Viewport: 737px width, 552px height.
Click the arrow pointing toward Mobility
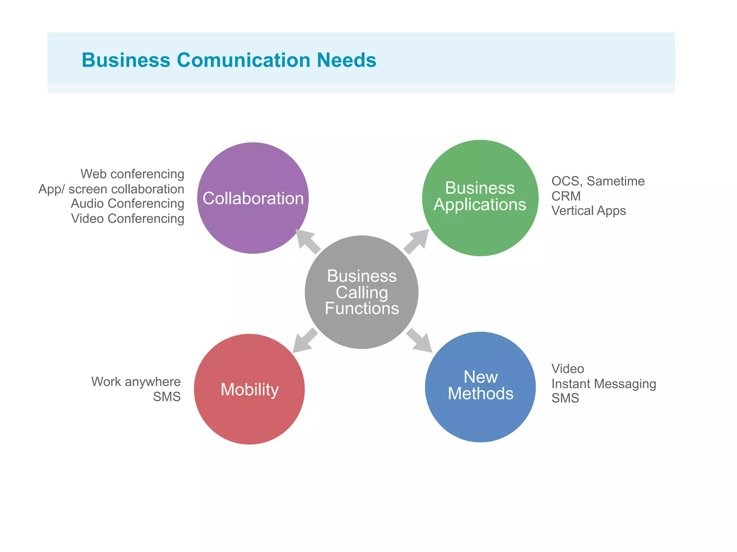304,341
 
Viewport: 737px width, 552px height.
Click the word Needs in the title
347,60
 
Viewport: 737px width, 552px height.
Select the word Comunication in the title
243,60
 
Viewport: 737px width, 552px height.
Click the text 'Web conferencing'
132,174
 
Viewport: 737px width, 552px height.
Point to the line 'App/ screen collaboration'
111,189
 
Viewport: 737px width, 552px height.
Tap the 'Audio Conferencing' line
127,203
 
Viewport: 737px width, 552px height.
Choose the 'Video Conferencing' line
127,218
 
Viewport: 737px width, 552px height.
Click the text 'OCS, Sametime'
598,181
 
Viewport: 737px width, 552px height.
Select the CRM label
566,196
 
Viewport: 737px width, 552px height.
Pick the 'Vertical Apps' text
588,211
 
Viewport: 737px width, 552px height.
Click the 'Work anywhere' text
136,382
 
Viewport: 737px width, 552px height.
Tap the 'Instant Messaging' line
603,384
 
